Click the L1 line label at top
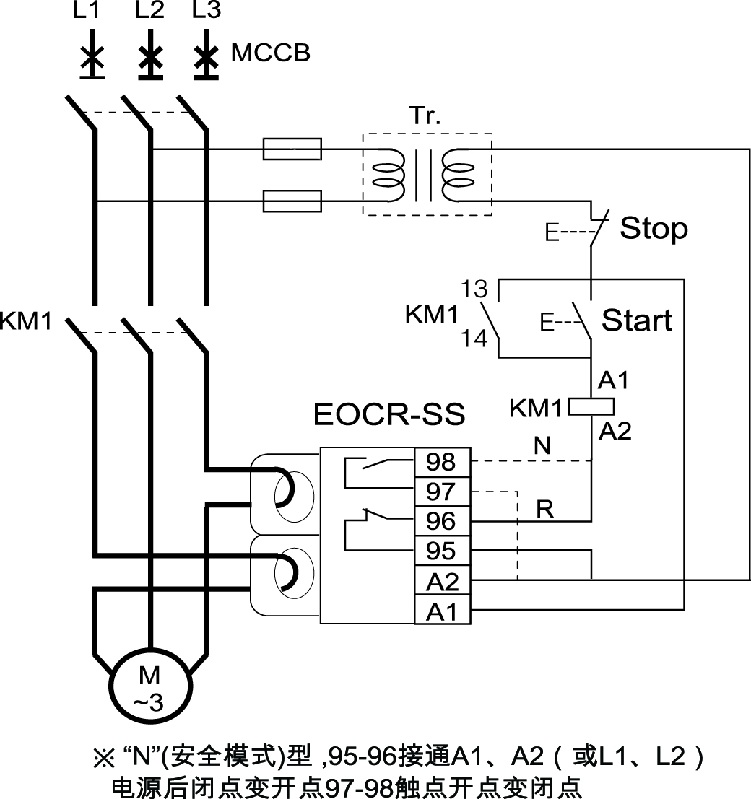point(88,11)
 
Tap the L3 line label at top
point(207,11)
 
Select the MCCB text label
point(271,53)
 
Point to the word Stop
point(654,229)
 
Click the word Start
point(637,320)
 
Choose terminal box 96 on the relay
point(441,521)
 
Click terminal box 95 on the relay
point(441,551)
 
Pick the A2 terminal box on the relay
point(441,581)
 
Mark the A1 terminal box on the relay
point(441,611)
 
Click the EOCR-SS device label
point(389,415)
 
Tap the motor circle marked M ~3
point(150,686)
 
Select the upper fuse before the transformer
point(292,149)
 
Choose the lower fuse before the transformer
point(292,201)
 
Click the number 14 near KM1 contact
point(475,339)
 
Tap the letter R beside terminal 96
point(544,510)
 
